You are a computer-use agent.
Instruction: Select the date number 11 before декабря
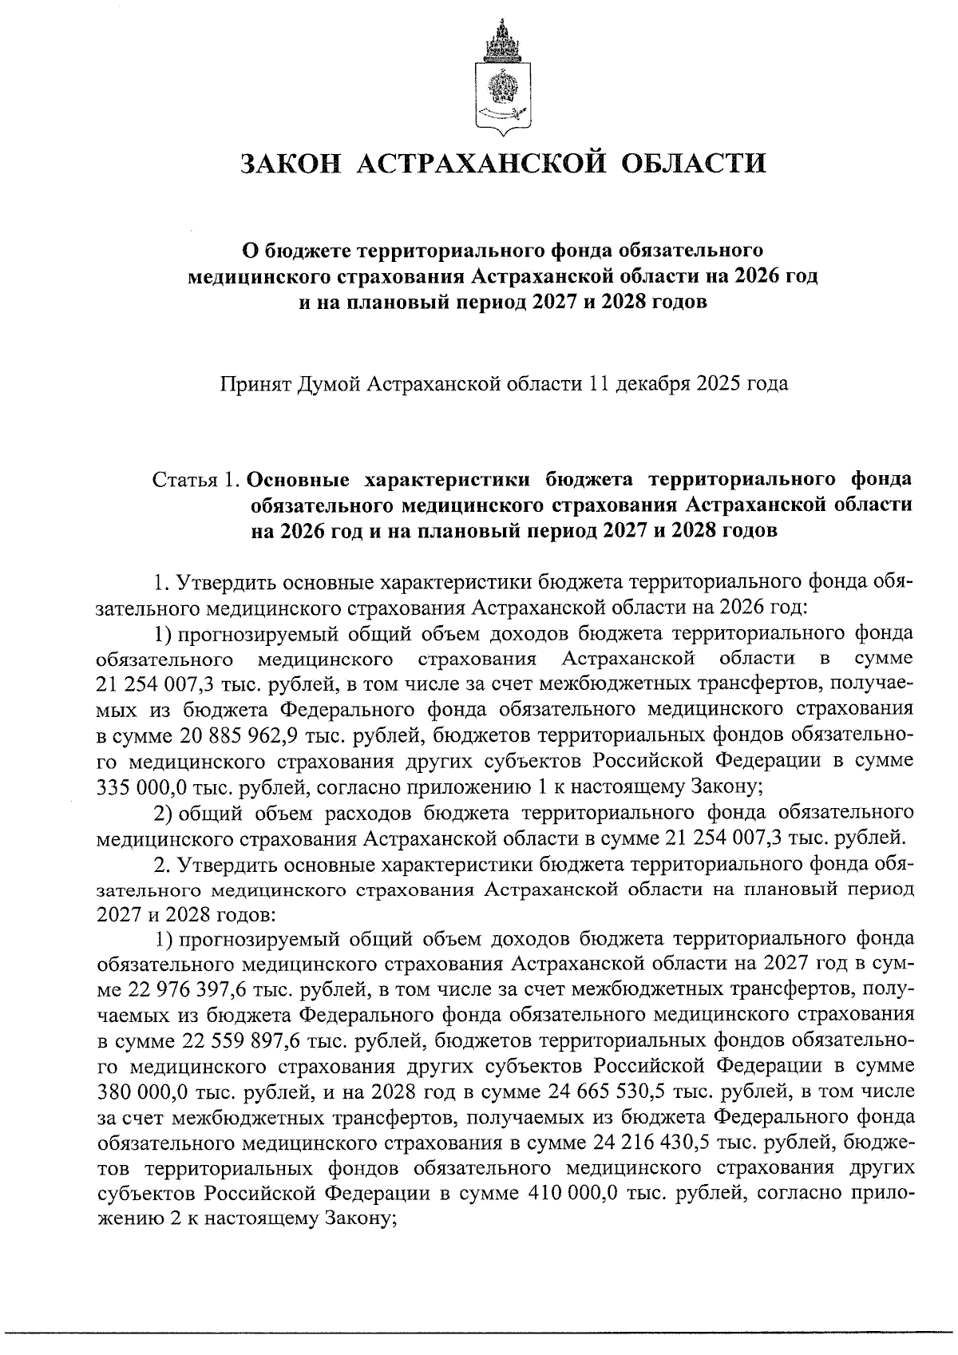click(599, 384)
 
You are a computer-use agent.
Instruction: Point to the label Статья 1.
click(196, 481)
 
